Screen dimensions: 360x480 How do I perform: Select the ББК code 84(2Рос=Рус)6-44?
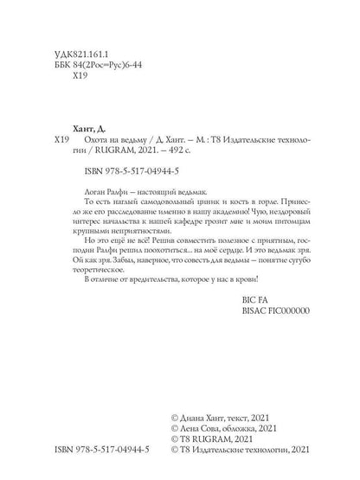coord(99,66)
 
